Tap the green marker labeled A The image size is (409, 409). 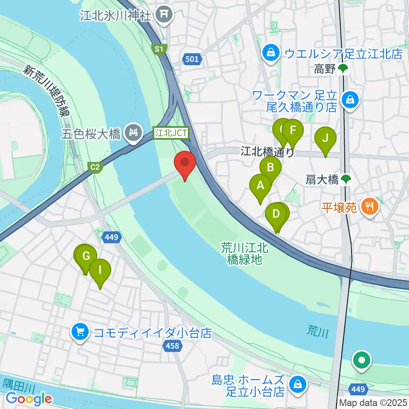[x=260, y=186]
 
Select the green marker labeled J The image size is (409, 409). [x=325, y=139]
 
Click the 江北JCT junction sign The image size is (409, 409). [x=171, y=133]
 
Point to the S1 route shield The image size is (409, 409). [x=159, y=50]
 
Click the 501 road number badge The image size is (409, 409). [x=192, y=59]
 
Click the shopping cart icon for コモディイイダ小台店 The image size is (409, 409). [x=79, y=332]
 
